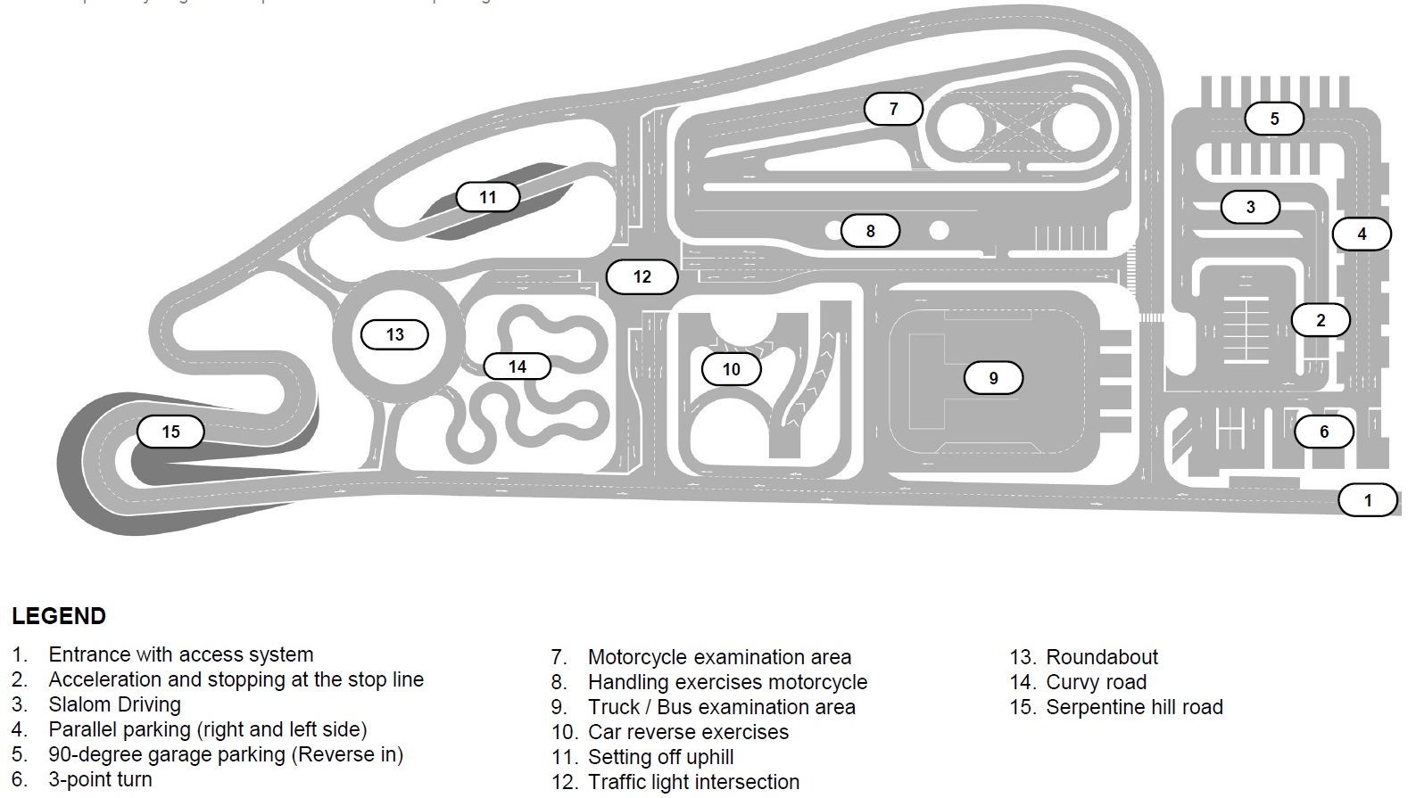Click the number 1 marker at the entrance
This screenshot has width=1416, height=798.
coord(1368,500)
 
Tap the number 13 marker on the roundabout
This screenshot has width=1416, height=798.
coord(394,334)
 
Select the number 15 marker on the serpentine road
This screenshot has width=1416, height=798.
coord(170,432)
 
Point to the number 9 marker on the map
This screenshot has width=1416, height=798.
coord(993,378)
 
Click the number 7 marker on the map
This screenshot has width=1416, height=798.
coord(893,109)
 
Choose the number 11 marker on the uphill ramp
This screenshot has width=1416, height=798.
coord(487,197)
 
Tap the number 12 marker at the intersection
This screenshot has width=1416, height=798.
coord(642,276)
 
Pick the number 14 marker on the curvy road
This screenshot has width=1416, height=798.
coord(517,366)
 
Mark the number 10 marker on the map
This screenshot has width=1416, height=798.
coord(731,369)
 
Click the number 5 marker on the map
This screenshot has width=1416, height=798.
coord(1273,119)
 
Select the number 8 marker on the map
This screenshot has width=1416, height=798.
coord(870,231)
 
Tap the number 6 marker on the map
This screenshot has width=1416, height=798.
coord(1323,432)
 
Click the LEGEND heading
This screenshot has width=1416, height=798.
coord(59,616)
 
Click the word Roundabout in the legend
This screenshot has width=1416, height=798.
coord(1101,657)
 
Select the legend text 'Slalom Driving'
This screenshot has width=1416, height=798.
coord(114,704)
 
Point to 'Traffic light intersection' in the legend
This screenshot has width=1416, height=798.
coord(693,782)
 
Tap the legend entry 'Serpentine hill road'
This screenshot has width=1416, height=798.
coord(1133,707)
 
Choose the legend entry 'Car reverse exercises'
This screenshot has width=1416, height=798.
coord(688,732)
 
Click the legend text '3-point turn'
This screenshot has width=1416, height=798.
coord(100,779)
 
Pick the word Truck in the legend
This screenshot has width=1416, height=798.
coord(614,707)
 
